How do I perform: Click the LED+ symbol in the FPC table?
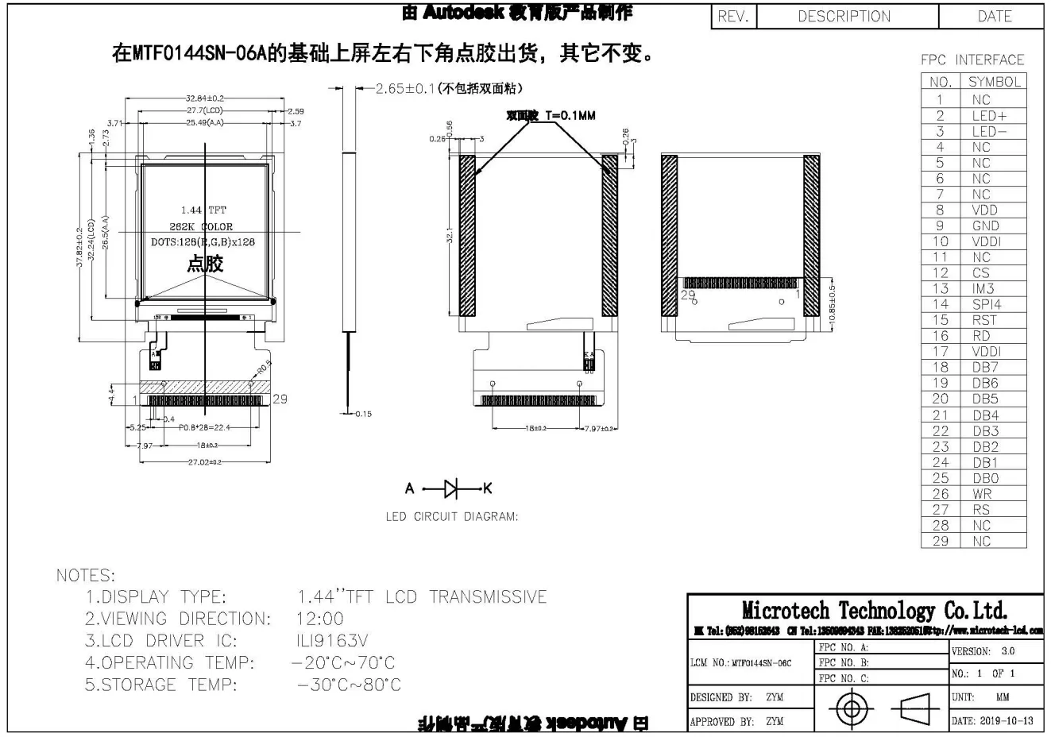[x=988, y=115]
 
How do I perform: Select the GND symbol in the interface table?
[x=985, y=226]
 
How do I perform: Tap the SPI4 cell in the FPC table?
[x=987, y=304]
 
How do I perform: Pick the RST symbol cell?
[x=983, y=320]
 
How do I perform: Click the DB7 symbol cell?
[x=985, y=367]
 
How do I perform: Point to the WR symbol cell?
[x=982, y=493]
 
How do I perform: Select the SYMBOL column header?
[x=994, y=82]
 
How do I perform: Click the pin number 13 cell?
[x=940, y=288]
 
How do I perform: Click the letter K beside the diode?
[x=488, y=488]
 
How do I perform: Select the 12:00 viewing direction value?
[x=320, y=619]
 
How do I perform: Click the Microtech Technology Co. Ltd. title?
[x=874, y=611]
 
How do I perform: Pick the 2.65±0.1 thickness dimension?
[x=404, y=88]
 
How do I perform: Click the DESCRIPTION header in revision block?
[x=844, y=17]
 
